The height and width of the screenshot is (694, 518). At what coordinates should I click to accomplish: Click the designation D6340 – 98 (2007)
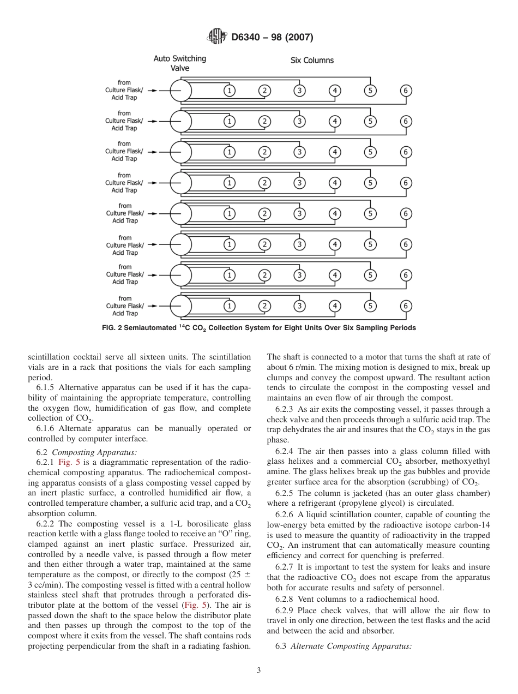pos(272,38)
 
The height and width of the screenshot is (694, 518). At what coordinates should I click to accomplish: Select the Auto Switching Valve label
pos(179,63)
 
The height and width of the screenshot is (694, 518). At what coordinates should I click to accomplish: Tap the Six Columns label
pos(312,60)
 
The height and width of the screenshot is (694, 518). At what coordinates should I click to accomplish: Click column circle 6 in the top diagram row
pos(405,91)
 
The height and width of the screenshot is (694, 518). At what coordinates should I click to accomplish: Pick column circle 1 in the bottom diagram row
pos(230,306)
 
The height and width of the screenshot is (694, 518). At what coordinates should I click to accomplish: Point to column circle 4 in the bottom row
pos(335,306)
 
